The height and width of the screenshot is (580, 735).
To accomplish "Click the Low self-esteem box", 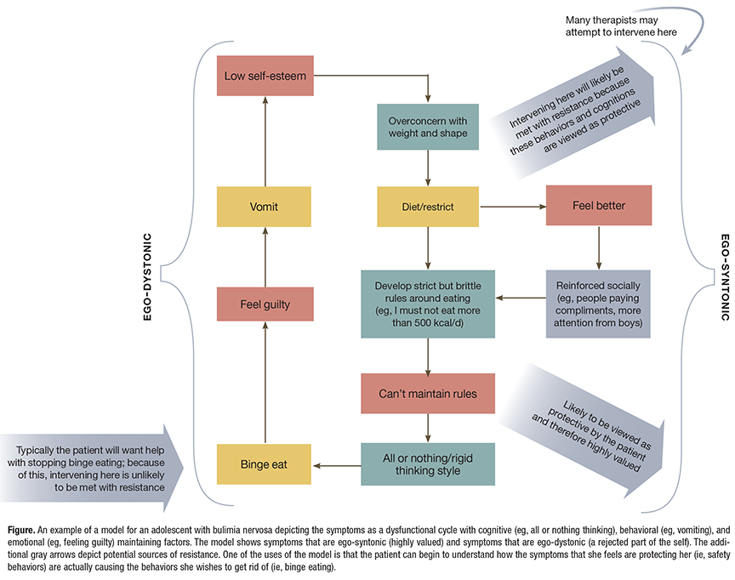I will (265, 76).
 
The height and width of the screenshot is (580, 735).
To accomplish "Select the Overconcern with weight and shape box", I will (428, 127).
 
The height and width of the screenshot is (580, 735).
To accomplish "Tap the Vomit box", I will (265, 207).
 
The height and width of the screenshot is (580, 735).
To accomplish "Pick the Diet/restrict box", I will (428, 207).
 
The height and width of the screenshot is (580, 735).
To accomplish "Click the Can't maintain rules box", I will (428, 394).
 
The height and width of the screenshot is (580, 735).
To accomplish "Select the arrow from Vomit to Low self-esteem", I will (265, 140).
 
